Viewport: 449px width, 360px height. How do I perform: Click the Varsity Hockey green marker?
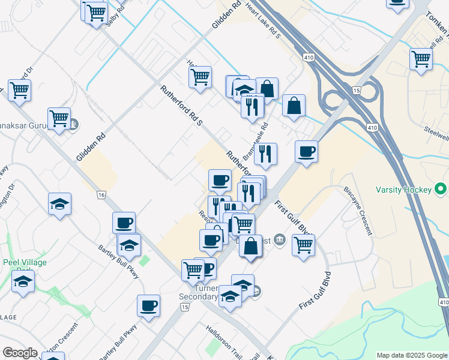(441, 190)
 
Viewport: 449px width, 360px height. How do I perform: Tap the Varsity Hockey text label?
(403, 190)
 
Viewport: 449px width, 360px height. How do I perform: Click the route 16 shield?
(101, 195)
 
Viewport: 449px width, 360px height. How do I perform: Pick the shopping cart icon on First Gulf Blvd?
(304, 244)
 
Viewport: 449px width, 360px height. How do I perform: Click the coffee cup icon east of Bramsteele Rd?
(307, 151)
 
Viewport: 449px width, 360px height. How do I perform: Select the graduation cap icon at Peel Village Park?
(23, 280)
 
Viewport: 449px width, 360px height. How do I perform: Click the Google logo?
(20, 353)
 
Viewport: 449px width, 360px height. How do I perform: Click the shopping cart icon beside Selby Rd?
(95, 11)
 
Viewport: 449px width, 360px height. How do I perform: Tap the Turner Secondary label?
(198, 292)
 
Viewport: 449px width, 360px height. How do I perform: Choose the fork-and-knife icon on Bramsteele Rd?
(265, 154)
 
